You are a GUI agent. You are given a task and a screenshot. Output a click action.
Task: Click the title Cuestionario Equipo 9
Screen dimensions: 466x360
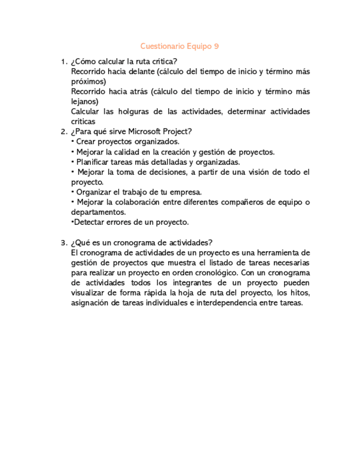180,46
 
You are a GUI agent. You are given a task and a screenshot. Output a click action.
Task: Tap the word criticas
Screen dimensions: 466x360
83,121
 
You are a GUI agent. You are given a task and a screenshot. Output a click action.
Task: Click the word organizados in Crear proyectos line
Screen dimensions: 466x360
157,142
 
